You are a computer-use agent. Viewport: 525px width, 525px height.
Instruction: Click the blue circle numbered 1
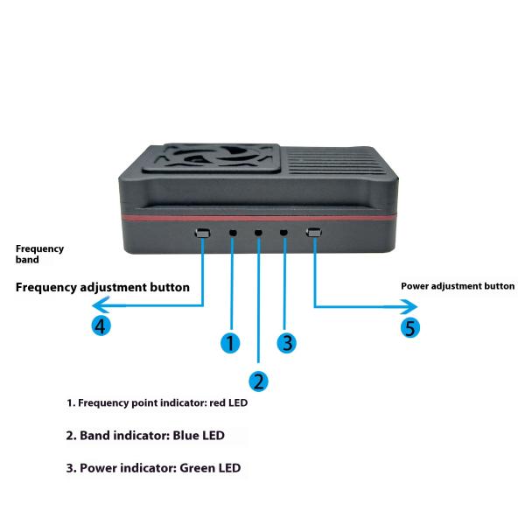pos(230,343)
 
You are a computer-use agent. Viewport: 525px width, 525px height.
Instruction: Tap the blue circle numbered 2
pos(259,381)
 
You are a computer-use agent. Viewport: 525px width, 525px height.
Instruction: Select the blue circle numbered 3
pos(288,342)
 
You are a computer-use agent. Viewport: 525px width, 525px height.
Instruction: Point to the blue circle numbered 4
pos(102,326)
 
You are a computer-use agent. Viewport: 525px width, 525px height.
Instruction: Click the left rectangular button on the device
pos(203,234)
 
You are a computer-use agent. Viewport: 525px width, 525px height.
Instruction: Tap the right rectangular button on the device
pos(314,233)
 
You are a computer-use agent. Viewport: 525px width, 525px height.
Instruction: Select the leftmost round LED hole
pos(233,234)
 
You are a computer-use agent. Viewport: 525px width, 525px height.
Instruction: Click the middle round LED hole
pos(258,234)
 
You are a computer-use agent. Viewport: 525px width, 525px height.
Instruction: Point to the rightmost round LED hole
pos(284,234)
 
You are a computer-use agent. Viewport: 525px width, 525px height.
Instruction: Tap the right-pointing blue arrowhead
pos(412,306)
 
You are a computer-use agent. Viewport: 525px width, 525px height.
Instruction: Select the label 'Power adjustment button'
pos(458,286)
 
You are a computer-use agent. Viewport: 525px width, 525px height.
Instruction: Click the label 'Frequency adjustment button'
pos(102,287)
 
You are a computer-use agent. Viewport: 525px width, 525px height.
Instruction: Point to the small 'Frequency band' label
pos(39,254)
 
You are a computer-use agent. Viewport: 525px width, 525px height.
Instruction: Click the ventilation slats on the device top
pos(337,164)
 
